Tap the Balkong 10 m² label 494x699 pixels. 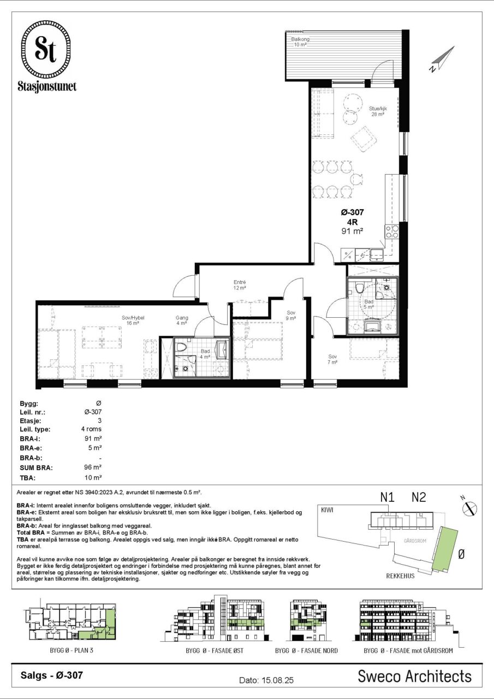300,42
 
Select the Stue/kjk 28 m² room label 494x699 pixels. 378,111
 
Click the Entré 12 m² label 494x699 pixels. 240,285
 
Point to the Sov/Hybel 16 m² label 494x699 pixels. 133,321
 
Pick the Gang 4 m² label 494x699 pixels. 182,321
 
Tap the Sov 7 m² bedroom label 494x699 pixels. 332,359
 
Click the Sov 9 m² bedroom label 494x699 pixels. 291,316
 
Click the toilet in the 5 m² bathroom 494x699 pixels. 360,287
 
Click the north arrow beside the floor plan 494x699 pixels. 442,59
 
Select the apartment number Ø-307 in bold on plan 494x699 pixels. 353,212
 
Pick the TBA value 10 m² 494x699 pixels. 93,477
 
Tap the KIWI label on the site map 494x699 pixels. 327,510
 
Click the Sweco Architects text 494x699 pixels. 414,676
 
